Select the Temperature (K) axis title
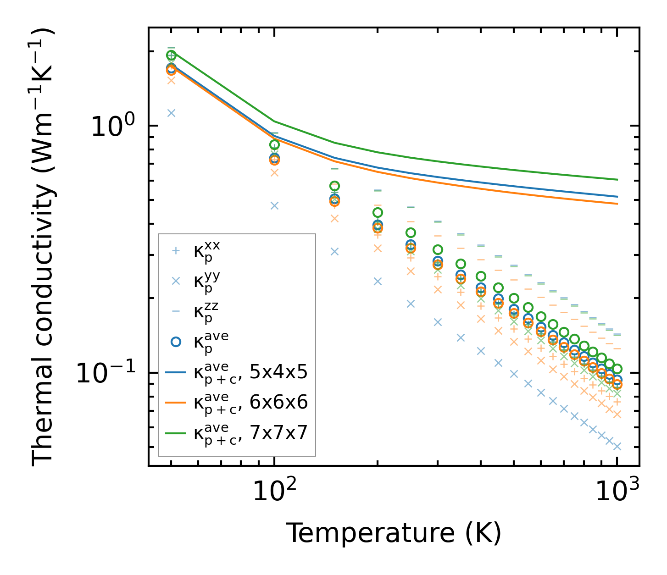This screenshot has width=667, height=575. coord(394,533)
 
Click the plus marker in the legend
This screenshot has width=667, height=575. coord(175,251)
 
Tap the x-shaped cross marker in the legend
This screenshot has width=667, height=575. coord(175,281)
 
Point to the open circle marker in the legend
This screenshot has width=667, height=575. coord(175,342)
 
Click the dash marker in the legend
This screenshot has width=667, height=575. coord(175,311)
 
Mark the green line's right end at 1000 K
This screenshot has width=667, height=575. coord(617,180)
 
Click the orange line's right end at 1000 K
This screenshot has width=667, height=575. coord(617,204)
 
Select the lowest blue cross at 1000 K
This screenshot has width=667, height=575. coord(617,446)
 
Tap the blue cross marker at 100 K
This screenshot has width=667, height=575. coord(274,205)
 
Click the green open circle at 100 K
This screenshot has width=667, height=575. coord(274,145)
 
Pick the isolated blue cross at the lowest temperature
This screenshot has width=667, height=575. coord(171,113)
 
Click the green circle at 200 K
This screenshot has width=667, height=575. coord(378,212)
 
